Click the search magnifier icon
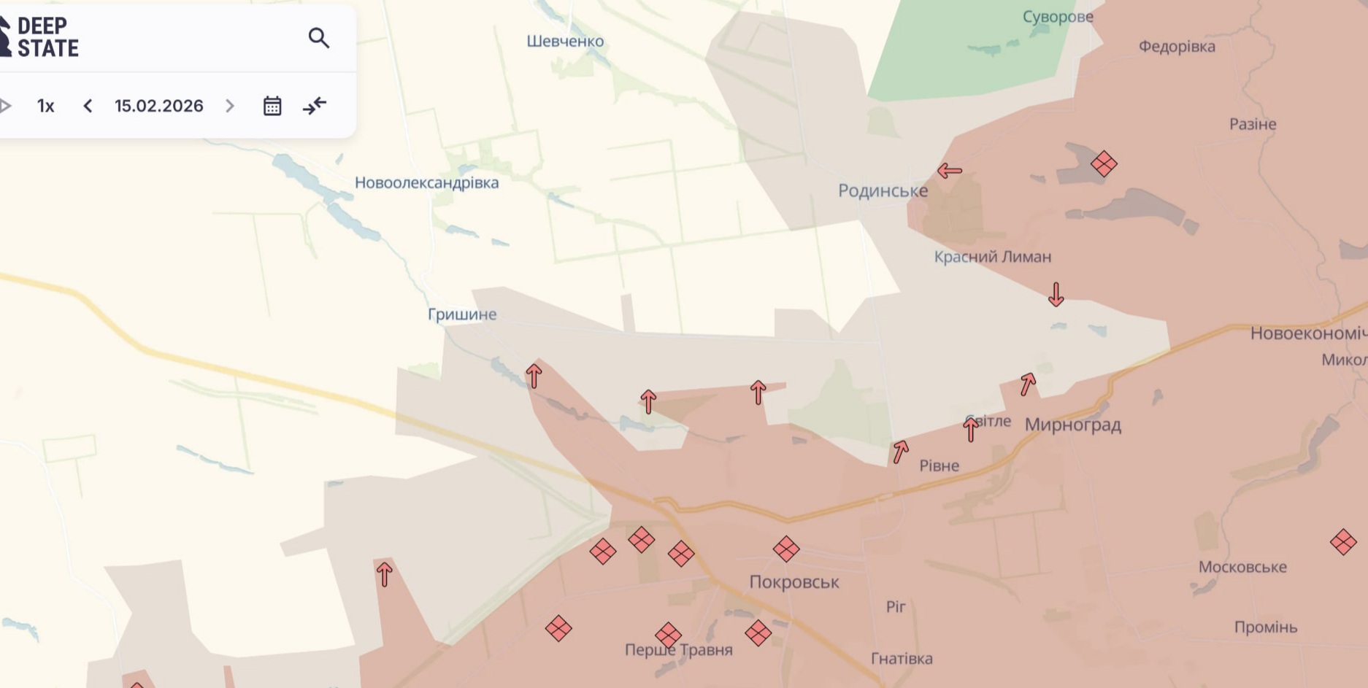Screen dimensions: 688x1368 point(319,38)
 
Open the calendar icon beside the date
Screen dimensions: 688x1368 point(272,106)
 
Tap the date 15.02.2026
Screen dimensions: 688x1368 point(158,106)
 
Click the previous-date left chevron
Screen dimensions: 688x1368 point(88,106)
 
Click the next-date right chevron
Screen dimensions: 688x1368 point(230,106)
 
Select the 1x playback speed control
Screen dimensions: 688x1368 point(46,106)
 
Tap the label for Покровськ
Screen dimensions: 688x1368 point(794,582)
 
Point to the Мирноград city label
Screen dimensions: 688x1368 point(1072,425)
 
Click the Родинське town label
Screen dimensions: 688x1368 point(883,191)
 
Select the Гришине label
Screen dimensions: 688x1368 point(462,314)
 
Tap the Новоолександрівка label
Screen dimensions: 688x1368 point(426,182)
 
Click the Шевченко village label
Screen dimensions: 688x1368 point(565,42)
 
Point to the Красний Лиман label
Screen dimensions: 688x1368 point(993,257)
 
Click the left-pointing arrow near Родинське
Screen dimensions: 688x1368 point(949,171)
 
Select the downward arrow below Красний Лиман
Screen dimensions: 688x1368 point(1056,294)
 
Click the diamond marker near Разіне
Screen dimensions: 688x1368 point(1104,163)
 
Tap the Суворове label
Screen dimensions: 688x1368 point(1058,17)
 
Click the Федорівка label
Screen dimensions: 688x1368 point(1177,47)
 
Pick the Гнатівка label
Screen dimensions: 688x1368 point(902,659)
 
